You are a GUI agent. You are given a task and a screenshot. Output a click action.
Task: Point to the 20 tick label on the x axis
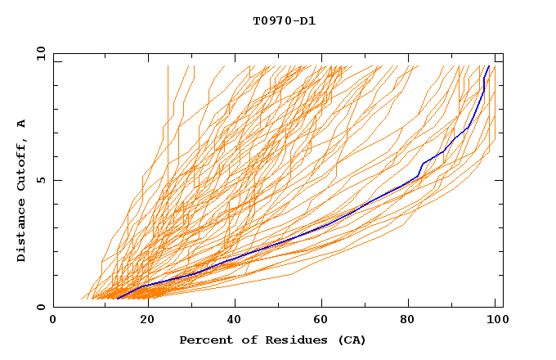pos(147,320)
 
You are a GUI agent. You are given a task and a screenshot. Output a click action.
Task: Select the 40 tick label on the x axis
pos(235,320)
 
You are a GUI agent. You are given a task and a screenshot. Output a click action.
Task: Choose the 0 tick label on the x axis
pos(53,320)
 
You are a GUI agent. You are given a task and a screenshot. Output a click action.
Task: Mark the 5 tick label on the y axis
pos(41,180)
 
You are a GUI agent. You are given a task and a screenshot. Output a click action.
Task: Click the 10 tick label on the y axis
pos(38,53)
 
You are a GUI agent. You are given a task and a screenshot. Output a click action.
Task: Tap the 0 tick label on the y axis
pos(41,307)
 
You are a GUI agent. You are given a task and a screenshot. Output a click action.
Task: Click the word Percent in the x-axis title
pos(205,340)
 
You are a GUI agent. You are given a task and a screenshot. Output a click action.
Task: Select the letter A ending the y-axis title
pos(22,123)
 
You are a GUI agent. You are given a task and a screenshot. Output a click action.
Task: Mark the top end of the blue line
pos(488,66)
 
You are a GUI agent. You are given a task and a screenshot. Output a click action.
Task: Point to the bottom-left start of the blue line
pos(118,298)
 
